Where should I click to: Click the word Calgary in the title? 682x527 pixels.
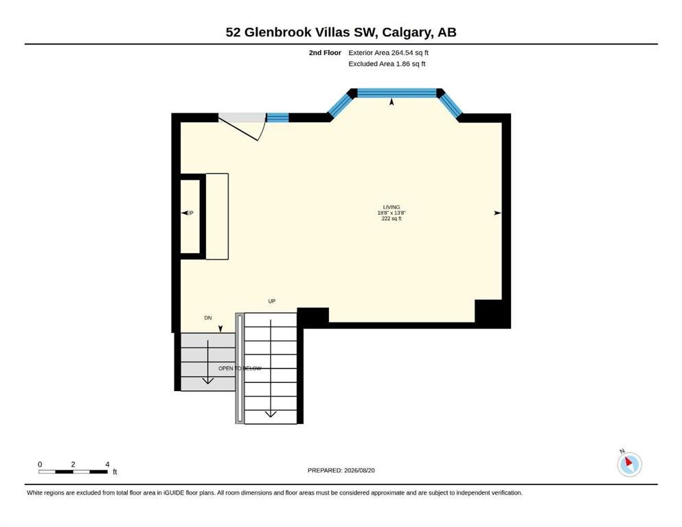(x=407, y=32)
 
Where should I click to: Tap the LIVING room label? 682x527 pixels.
(x=391, y=207)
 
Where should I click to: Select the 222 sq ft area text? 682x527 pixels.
(x=391, y=218)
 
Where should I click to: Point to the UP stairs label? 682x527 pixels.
(x=272, y=301)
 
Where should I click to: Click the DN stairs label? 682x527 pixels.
(x=208, y=318)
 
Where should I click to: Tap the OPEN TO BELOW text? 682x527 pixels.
(x=240, y=368)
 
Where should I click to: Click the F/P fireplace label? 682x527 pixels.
(x=190, y=213)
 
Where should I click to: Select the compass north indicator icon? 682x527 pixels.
(x=629, y=464)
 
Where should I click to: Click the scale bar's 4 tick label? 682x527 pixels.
(x=107, y=465)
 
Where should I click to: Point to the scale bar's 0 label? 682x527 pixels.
(x=40, y=465)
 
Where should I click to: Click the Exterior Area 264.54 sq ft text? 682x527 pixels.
(x=389, y=53)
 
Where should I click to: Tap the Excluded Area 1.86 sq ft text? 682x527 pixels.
(x=387, y=64)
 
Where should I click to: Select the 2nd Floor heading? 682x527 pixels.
(x=325, y=53)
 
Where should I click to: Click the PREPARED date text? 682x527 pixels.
(x=341, y=470)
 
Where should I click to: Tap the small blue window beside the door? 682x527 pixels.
(x=277, y=117)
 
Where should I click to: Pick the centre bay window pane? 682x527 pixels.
(x=396, y=93)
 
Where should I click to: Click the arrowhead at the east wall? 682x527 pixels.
(x=497, y=213)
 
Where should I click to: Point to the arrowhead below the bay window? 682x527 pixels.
(x=391, y=102)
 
